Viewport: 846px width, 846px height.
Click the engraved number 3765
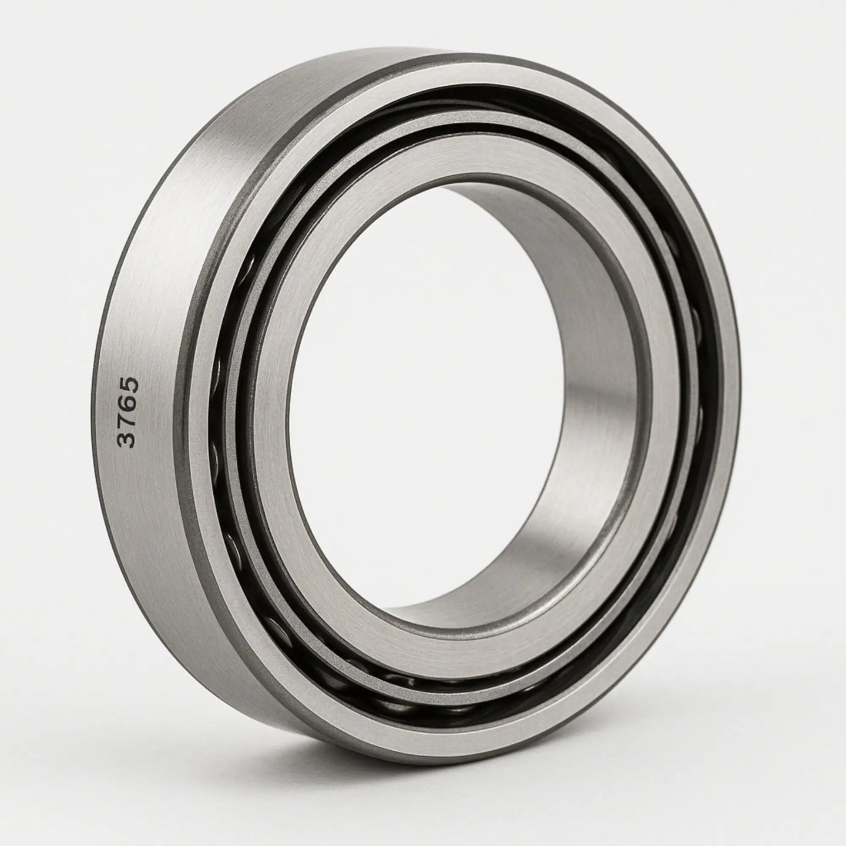pyautogui.click(x=128, y=412)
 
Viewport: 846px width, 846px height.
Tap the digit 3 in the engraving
pyautogui.click(x=128, y=439)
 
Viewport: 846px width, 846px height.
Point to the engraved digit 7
pyautogui.click(x=128, y=421)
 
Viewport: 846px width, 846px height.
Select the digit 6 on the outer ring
pyautogui.click(x=128, y=404)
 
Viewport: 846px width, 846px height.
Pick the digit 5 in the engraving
pyautogui.click(x=128, y=385)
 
